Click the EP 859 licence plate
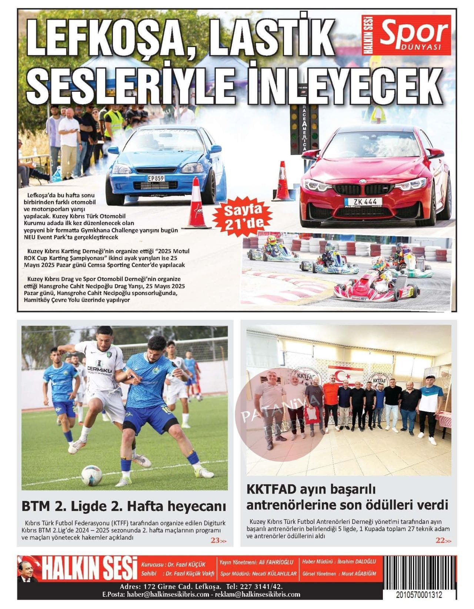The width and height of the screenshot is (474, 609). click(x=156, y=178)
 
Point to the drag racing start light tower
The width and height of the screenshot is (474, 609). click(x=304, y=130)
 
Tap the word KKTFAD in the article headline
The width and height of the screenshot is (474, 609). click(x=271, y=489)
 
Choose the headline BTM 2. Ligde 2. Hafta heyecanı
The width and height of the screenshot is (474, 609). click(x=123, y=505)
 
